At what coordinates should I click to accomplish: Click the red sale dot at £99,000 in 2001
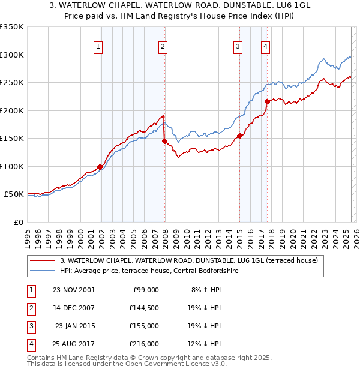click(x=100, y=167)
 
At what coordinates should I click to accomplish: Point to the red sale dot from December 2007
click(x=164, y=142)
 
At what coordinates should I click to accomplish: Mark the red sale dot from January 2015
click(x=239, y=136)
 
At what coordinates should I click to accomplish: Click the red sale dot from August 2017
click(x=267, y=101)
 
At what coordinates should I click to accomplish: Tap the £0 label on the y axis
click(x=18, y=222)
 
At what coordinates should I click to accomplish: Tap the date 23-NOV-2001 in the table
click(x=73, y=290)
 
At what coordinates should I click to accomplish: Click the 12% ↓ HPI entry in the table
click(x=206, y=344)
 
